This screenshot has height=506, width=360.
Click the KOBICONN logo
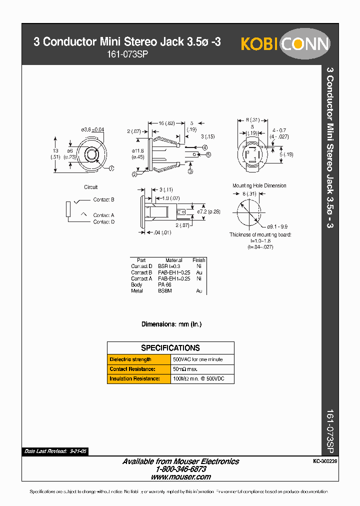285,44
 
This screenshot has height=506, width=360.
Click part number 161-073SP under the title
127,55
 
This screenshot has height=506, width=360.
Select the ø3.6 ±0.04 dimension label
92,130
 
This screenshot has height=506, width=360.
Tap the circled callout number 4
205,147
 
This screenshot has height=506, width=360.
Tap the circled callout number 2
134,174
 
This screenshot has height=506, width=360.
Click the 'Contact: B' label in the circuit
103,199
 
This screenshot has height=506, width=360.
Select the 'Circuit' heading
91,187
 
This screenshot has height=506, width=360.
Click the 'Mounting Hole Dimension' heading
259,185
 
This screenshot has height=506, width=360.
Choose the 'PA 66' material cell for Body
164,284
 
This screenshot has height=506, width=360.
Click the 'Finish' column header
198,260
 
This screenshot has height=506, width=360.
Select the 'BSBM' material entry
165,290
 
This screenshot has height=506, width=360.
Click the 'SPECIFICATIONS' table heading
170,348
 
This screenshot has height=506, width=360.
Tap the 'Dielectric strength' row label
130,359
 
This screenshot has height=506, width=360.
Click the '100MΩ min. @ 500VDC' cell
198,378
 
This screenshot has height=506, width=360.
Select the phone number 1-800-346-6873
180,469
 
